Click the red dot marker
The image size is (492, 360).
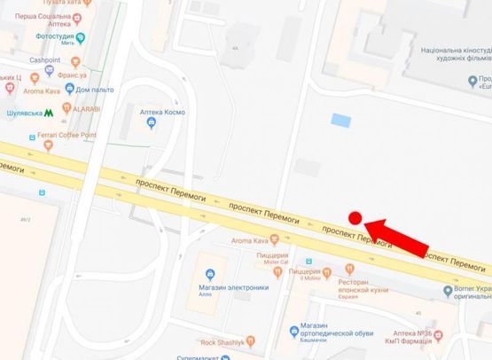click(x=354, y=218)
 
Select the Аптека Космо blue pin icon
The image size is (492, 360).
click(x=151, y=122)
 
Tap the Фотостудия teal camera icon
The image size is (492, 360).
click(x=81, y=37)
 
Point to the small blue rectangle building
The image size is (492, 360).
click(x=340, y=120)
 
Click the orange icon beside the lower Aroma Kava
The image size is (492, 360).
click(x=274, y=239)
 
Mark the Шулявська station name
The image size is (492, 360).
click(x=23, y=113)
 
